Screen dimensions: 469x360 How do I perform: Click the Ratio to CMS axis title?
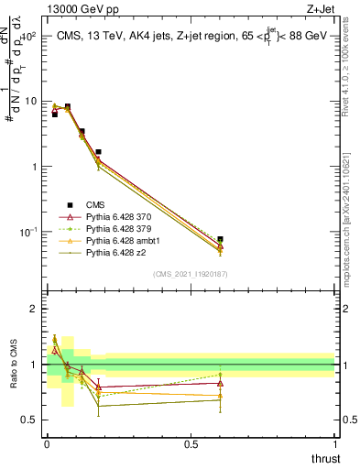point(13,365)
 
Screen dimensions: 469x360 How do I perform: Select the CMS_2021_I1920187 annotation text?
point(191,273)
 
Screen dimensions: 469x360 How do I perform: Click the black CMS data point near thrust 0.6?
point(220,239)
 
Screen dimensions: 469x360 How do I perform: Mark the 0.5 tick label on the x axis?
point(191,443)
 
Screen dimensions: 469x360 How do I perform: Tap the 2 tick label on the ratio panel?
point(34,310)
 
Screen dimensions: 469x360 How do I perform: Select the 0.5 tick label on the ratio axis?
point(29,420)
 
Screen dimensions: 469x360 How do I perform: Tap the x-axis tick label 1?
point(335,443)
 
